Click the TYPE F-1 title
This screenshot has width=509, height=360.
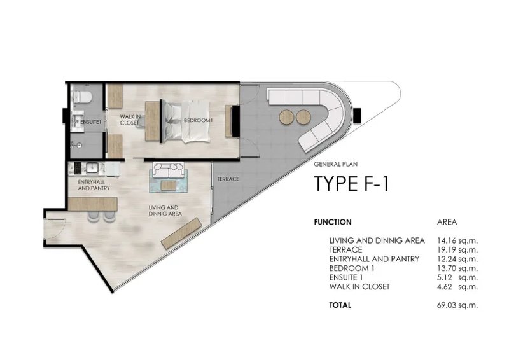tap(351, 183)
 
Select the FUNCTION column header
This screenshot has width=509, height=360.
tap(333, 222)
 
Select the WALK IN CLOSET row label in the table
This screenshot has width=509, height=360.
tap(359, 287)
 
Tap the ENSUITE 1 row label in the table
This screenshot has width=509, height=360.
tap(350, 277)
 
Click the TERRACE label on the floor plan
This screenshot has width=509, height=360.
tap(228, 179)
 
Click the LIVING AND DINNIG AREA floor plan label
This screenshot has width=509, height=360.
tap(165, 211)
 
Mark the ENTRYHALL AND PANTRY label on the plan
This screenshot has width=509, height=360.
tap(94, 185)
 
